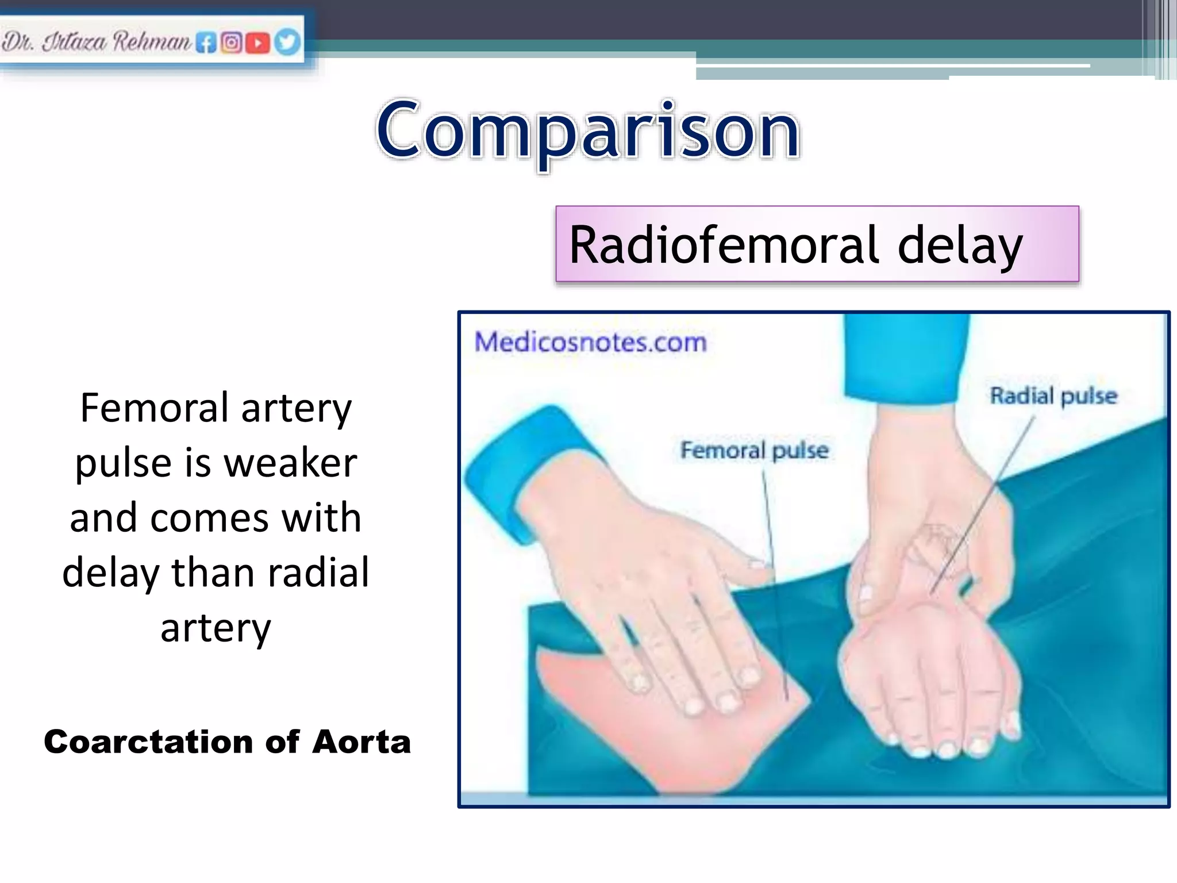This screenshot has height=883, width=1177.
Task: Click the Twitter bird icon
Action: [x=287, y=43]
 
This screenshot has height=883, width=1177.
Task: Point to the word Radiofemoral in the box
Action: [x=724, y=245]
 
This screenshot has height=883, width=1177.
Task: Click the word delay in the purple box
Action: [x=960, y=245]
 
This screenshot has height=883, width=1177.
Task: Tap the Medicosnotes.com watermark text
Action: [x=590, y=343]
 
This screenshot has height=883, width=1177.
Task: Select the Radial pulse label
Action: [x=1053, y=396]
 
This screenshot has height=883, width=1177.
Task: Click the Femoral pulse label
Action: [x=754, y=450]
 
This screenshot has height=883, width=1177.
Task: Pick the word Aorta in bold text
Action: [x=361, y=742]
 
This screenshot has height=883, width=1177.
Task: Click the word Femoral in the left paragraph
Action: [x=154, y=408]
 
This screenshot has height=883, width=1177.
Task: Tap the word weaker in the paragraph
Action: [x=290, y=463]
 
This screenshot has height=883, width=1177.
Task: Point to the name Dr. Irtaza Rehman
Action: [x=95, y=42]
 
